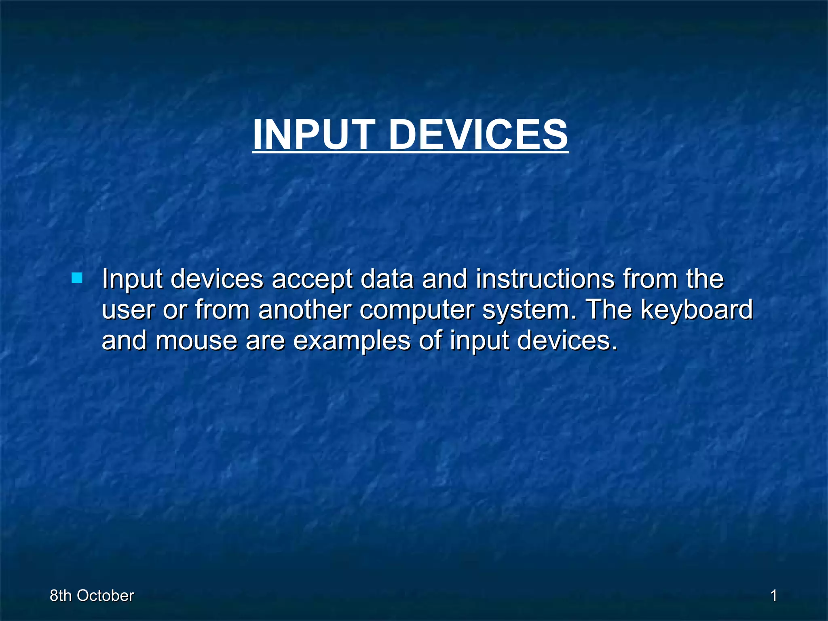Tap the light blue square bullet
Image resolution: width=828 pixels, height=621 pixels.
[77, 278]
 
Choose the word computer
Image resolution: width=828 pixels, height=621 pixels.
[416, 310]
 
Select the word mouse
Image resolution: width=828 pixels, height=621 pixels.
[196, 341]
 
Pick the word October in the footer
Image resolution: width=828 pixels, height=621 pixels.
[105, 596]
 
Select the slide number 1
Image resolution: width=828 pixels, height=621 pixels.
[774, 596]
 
